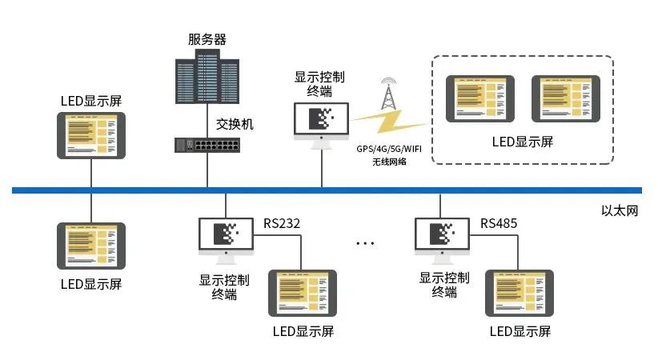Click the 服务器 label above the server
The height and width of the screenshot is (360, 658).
point(207,39)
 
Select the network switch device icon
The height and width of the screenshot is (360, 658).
point(207,145)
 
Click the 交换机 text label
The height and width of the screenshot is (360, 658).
point(235,124)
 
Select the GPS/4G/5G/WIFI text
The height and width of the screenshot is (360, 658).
point(389,148)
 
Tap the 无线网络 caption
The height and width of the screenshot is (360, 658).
point(389,162)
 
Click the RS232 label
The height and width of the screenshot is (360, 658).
point(282,222)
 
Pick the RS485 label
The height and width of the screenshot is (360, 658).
point(499,222)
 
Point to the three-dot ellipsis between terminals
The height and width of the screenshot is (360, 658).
point(366,242)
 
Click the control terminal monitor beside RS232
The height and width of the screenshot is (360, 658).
point(225,237)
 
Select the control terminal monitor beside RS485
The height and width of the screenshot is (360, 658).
point(442,237)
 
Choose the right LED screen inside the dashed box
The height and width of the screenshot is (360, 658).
point(565,99)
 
